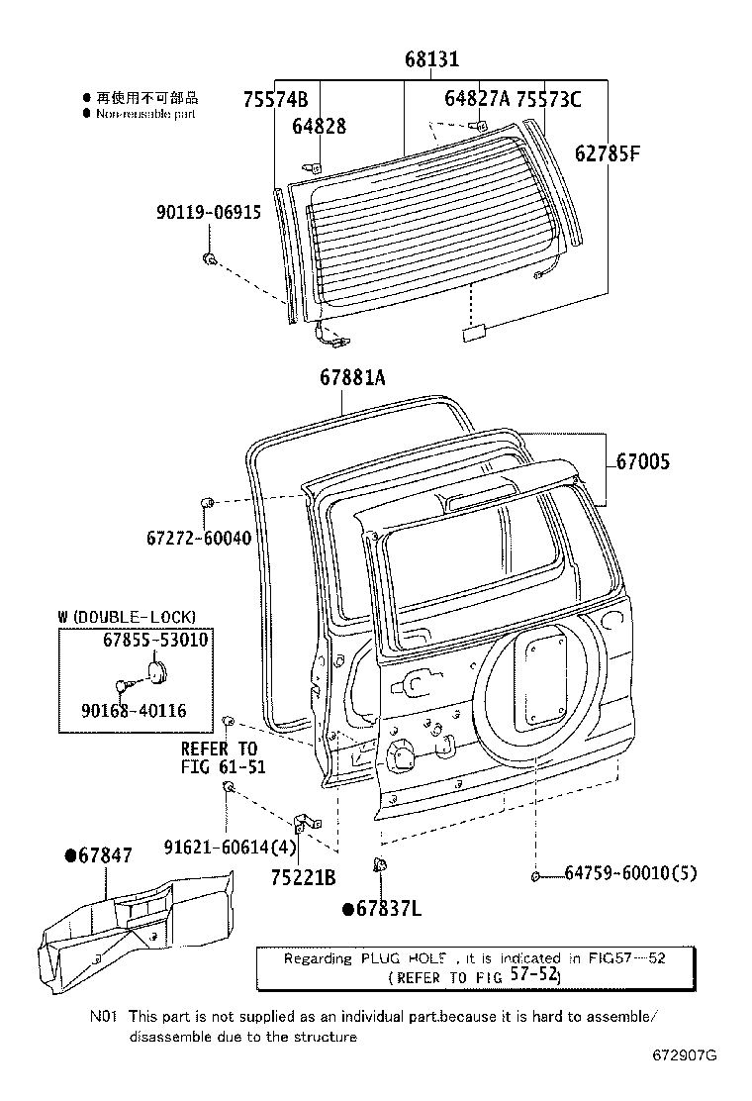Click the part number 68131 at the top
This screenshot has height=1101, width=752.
pos(430,59)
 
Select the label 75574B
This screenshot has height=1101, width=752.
pos(275,99)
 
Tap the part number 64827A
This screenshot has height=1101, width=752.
pos(477,98)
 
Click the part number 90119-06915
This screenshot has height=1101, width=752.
pos(209,212)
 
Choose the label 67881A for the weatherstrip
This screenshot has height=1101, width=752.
pos(352,377)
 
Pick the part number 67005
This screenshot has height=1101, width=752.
pos(642,461)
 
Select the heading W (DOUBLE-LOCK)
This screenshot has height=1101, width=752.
pos(127,616)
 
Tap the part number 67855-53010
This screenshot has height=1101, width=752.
pos(155,640)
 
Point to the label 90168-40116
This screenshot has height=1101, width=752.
pos(138,710)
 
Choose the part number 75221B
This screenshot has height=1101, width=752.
pos(303,876)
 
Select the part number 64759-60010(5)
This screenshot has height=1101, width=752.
pos(631,873)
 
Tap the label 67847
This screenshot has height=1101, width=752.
pos(98,854)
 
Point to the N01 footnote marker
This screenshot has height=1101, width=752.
pos(104,1016)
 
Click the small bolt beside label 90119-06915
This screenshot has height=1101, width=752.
pos(209,258)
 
